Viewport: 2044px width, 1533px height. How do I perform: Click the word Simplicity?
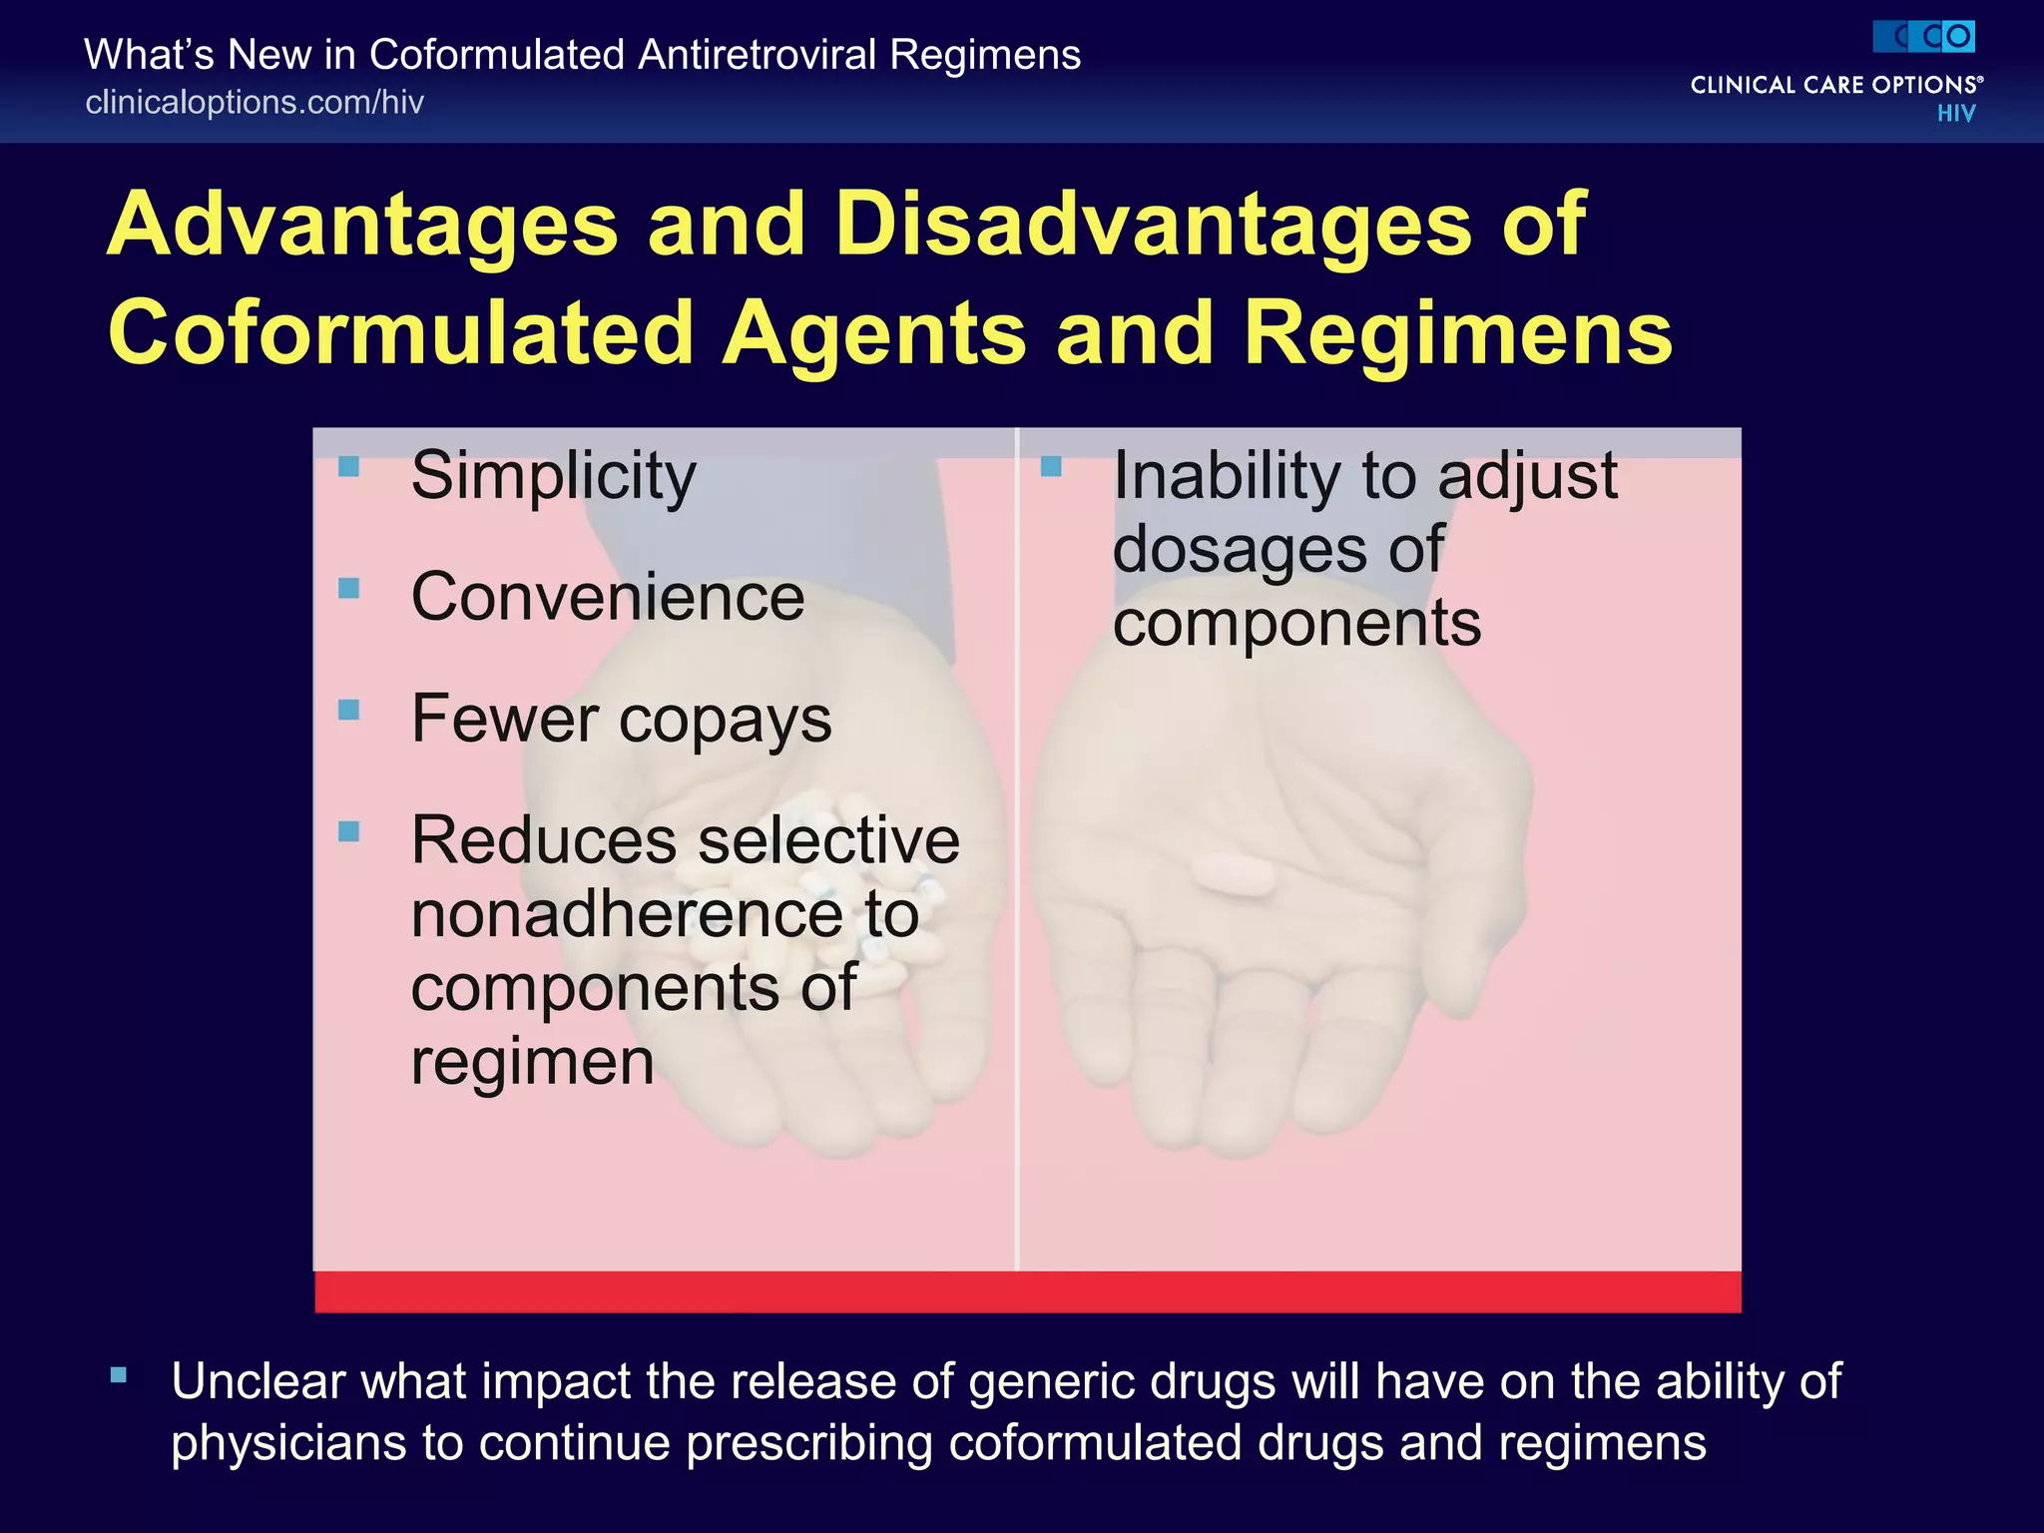553,476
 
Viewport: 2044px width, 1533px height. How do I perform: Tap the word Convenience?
607,598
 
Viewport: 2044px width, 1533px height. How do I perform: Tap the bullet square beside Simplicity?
348,466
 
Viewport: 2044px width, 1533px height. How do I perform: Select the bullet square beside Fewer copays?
348,710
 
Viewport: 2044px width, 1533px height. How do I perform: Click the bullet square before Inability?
1050,466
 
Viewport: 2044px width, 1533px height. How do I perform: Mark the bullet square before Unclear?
119,1375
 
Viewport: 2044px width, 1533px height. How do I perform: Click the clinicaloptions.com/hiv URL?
255,102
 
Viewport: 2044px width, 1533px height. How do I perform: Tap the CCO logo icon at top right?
1923,37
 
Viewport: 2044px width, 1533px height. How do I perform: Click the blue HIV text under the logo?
1955,114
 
